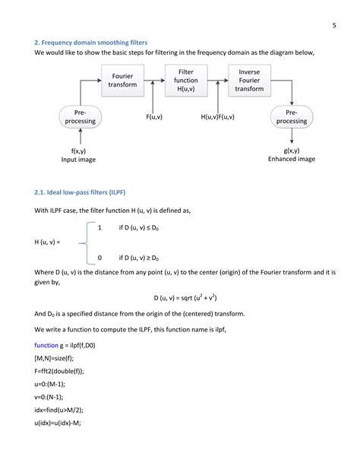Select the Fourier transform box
pyautogui.click(x=122, y=81)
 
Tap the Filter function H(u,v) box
pyautogui.click(x=186, y=81)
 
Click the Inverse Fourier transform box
pyautogui.click(x=249, y=81)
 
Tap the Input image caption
pyautogui.click(x=79, y=160)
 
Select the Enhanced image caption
pyautogui.click(x=291, y=160)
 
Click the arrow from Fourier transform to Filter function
pyautogui.click(x=154, y=81)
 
